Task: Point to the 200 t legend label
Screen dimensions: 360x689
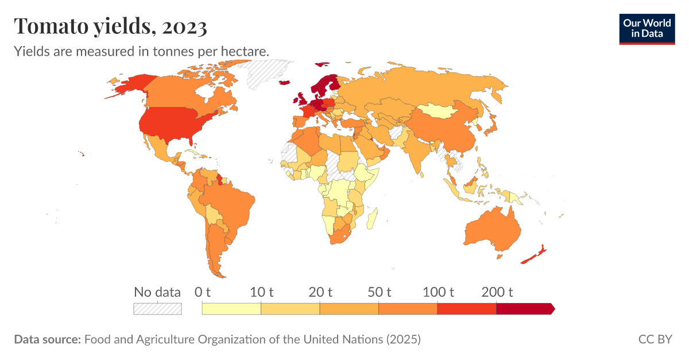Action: pyautogui.click(x=497, y=292)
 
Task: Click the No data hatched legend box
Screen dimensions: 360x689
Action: pyautogui.click(x=157, y=309)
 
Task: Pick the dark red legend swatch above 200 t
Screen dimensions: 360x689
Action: pyautogui.click(x=524, y=309)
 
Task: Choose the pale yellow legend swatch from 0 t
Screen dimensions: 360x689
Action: pyautogui.click(x=231, y=309)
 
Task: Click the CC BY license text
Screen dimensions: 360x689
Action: pyautogui.click(x=655, y=339)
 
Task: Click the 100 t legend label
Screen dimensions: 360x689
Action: pyautogui.click(x=439, y=292)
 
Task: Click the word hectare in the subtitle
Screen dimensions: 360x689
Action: pyautogui.click(x=245, y=51)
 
